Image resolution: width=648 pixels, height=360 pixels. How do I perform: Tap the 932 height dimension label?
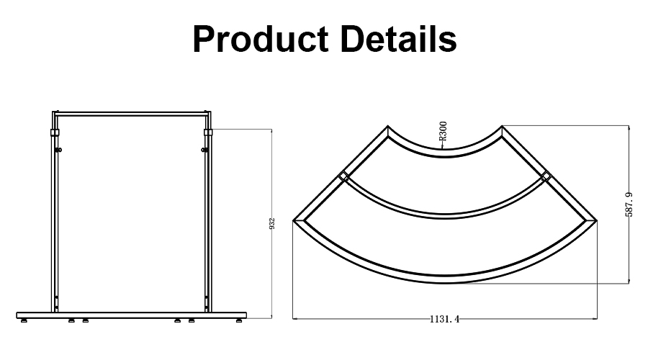click(x=271, y=223)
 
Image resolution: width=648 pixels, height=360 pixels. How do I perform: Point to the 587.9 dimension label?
click(x=629, y=204)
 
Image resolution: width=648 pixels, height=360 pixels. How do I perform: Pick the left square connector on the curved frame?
click(x=344, y=176)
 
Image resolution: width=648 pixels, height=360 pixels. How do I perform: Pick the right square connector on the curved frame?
click(x=546, y=176)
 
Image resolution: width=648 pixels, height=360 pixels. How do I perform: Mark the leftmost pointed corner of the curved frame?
click(x=294, y=219)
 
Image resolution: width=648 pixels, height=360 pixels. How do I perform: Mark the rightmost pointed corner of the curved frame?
click(x=597, y=219)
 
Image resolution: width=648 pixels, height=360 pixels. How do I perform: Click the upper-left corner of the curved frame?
click(x=389, y=127)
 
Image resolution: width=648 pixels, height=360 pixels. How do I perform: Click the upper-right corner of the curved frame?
click(x=503, y=127)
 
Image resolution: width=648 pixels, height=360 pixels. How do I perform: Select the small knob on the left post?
click(x=59, y=150)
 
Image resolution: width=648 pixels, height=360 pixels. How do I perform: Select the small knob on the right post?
click(x=204, y=150)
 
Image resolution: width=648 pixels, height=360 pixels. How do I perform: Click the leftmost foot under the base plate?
click(x=24, y=320)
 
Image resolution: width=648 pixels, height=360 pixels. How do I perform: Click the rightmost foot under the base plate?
click(x=239, y=320)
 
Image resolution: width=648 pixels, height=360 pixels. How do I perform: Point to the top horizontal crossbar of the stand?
click(x=132, y=113)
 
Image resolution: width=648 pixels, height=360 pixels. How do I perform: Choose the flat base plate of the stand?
click(x=132, y=315)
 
